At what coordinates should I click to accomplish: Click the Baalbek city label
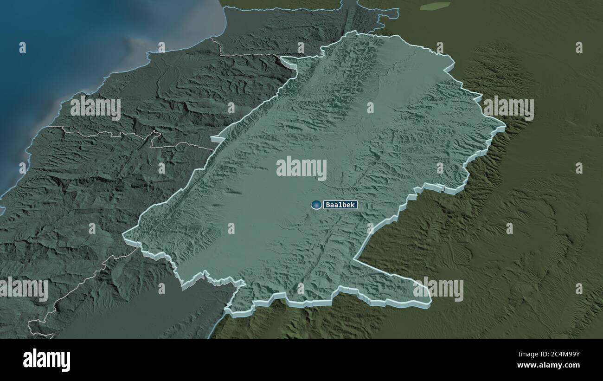click(340, 205)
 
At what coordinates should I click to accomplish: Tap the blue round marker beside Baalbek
click(317, 205)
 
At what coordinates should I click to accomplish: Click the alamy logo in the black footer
click(46, 360)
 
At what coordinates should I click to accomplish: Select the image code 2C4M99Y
click(554, 355)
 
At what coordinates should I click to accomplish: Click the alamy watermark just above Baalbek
click(301, 168)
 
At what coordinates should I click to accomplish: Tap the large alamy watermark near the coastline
click(96, 108)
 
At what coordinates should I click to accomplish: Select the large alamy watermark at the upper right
click(509, 108)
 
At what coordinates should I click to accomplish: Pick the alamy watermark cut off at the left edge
click(23, 289)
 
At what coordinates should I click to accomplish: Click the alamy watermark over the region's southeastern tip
click(438, 289)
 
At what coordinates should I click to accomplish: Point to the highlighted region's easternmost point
click(505, 125)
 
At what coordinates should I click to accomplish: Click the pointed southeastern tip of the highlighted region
click(430, 304)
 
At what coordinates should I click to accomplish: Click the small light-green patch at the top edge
click(435, 6)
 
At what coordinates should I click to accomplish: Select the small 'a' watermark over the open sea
click(22, 47)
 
